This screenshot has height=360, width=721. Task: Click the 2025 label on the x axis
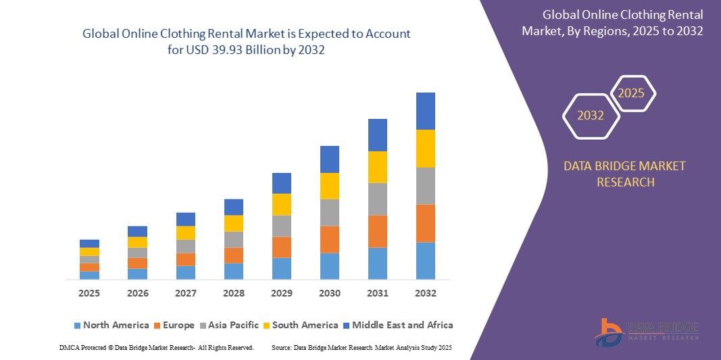pyautogui.click(x=89, y=293)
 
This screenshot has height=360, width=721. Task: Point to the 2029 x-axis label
pyautogui.click(x=282, y=293)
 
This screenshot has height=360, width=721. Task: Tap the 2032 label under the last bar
pyautogui.click(x=426, y=293)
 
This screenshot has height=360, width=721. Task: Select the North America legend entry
pyautogui.click(x=111, y=325)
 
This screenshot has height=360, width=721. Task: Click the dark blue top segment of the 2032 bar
pyautogui.click(x=426, y=111)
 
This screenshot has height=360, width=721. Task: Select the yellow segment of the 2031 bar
pyautogui.click(x=378, y=167)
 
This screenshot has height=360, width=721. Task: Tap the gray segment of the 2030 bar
pyautogui.click(x=330, y=212)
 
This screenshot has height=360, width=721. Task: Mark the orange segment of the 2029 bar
pyautogui.click(x=282, y=247)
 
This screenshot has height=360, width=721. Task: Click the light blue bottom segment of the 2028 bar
pyautogui.click(x=234, y=271)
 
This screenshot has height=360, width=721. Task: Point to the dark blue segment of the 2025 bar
pyautogui.click(x=89, y=243)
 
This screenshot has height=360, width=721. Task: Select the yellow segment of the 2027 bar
pyautogui.click(x=186, y=232)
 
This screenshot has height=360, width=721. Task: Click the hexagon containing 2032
pyautogui.click(x=591, y=115)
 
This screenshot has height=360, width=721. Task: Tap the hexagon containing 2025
pyautogui.click(x=632, y=93)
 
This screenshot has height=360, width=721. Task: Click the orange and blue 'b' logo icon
pyautogui.click(x=610, y=332)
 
